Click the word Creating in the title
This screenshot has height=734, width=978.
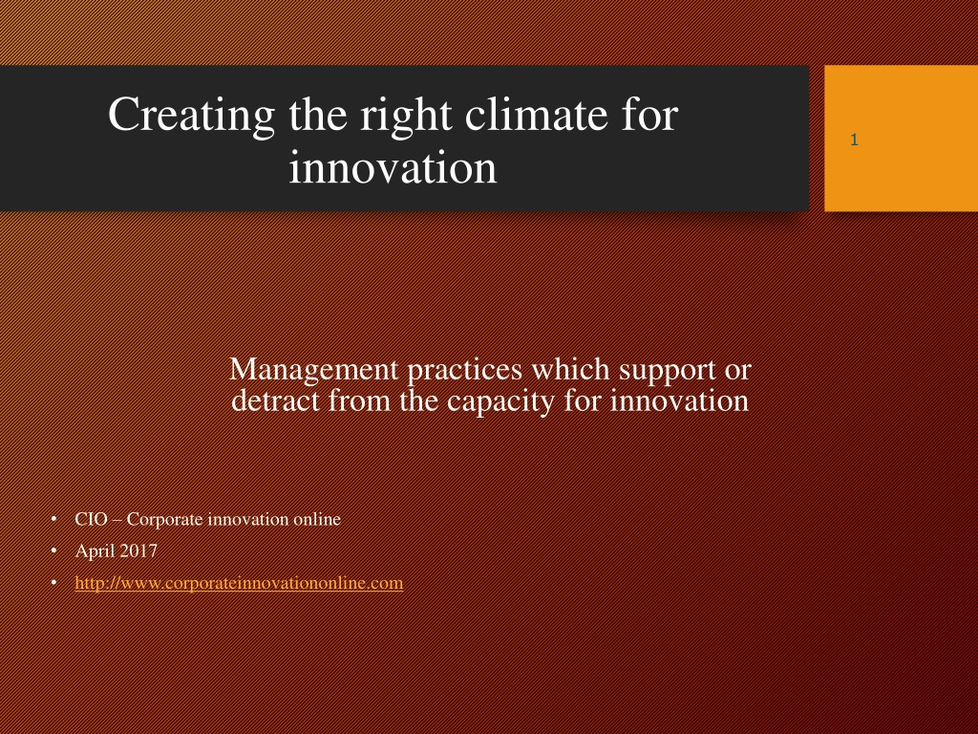191,115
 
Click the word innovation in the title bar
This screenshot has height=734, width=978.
393,167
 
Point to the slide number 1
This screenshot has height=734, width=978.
854,140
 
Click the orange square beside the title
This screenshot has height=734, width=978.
902,138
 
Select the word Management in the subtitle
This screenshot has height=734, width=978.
313,370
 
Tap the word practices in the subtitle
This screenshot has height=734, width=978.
465,370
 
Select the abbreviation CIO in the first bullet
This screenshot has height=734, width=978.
91,519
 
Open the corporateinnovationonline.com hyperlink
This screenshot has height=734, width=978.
239,583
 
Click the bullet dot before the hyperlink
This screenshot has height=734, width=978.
54,582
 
